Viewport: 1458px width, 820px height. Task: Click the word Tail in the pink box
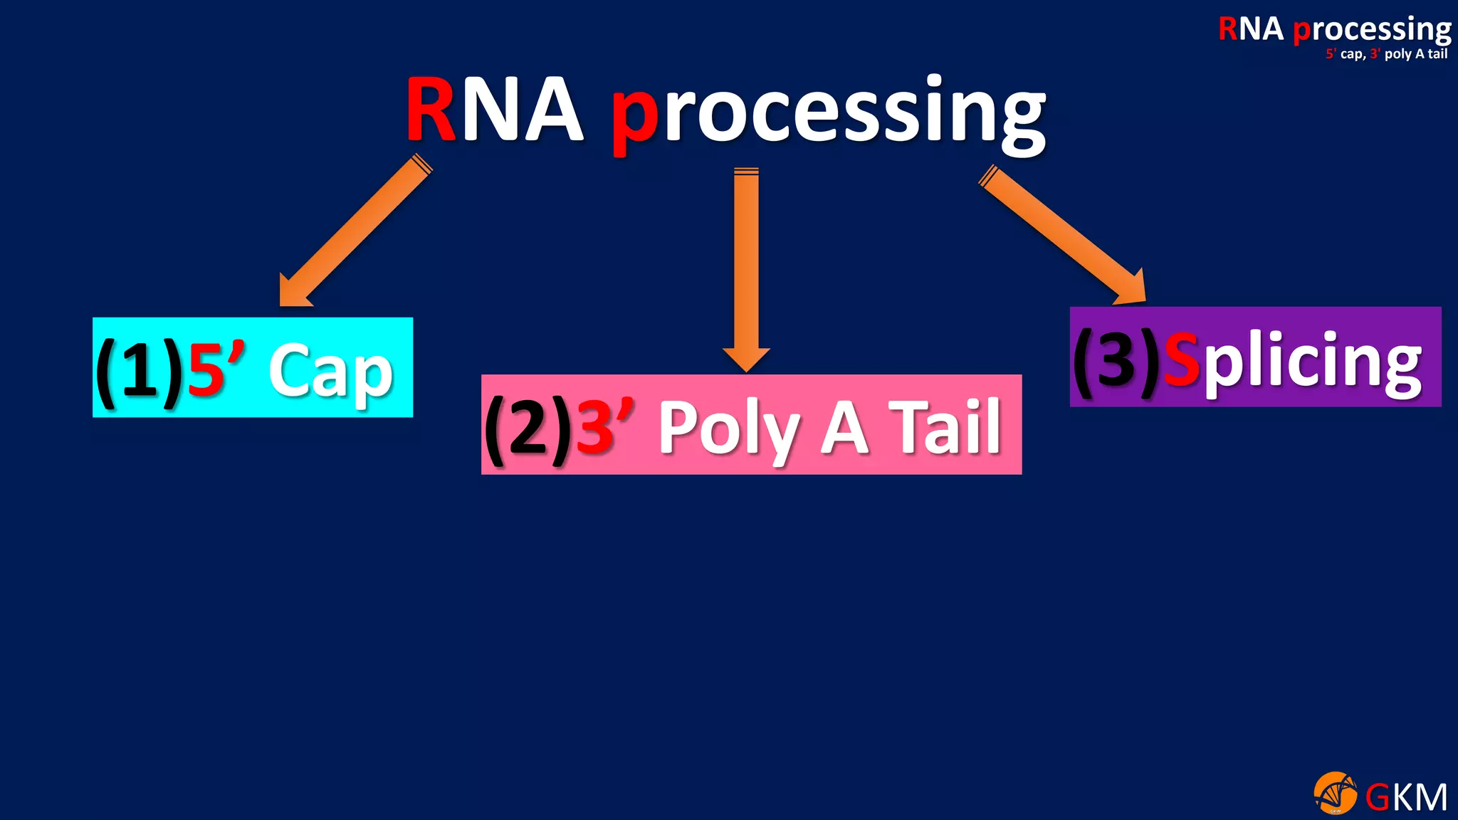tap(948, 427)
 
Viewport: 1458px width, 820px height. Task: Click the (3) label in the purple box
tap(1116, 360)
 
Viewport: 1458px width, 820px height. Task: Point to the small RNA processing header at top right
tap(1334, 30)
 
